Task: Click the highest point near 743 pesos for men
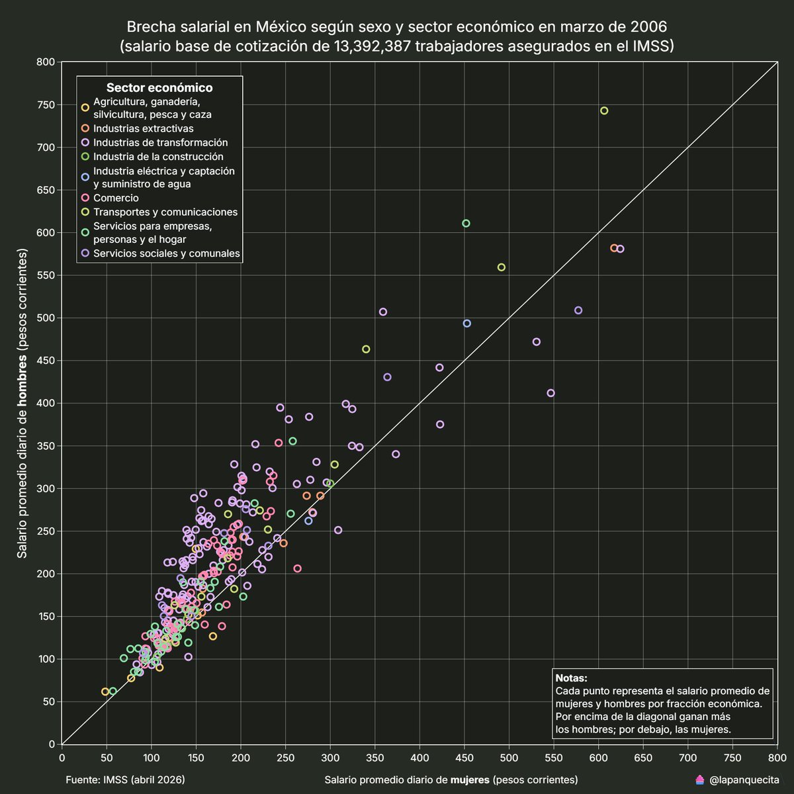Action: [603, 110]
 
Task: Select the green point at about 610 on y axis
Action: [466, 223]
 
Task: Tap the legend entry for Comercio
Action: [116, 198]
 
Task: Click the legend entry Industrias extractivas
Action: [143, 128]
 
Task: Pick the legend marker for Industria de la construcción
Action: [85, 157]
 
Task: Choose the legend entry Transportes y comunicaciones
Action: [165, 212]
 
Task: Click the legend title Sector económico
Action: [159, 88]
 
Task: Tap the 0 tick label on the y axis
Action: [51, 744]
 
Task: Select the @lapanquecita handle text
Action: [744, 781]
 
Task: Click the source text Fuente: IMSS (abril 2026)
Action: [125, 780]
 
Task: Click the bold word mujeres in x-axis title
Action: [470, 780]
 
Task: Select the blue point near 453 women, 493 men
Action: [466, 324]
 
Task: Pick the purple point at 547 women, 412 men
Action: [551, 393]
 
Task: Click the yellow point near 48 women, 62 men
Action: [105, 691]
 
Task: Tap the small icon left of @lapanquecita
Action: [699, 781]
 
